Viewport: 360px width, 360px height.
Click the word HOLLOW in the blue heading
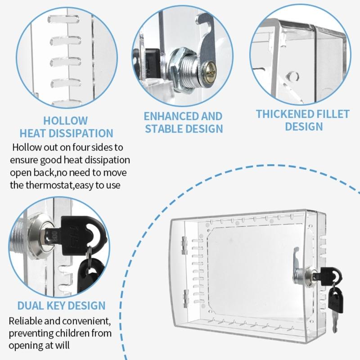point(66,121)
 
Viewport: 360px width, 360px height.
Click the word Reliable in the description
point(27,322)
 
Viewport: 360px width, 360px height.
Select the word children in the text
point(75,334)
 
